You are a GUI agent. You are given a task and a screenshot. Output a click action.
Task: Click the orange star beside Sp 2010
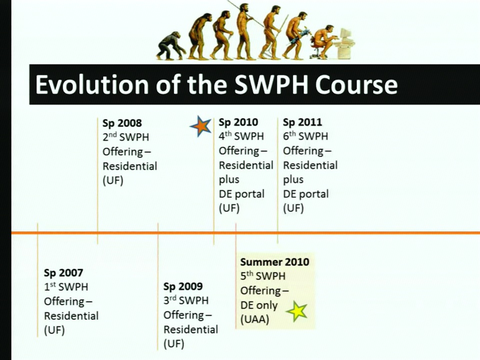pyautogui.click(x=201, y=126)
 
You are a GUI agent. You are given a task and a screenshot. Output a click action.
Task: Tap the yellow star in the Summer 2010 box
pyautogui.click(x=296, y=311)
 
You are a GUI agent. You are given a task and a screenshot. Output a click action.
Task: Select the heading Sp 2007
pyautogui.click(x=63, y=273)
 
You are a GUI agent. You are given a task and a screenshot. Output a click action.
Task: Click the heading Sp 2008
pyautogui.click(x=122, y=123)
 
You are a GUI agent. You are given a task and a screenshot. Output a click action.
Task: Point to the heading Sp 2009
pyautogui.click(x=183, y=286)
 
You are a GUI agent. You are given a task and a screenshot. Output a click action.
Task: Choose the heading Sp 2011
pyautogui.click(x=302, y=122)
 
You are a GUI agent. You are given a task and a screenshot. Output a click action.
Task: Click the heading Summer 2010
pyautogui.click(x=274, y=262)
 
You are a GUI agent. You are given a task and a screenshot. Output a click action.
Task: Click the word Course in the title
pyautogui.click(x=356, y=84)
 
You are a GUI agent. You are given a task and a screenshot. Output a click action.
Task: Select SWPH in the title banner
pyautogui.click(x=271, y=84)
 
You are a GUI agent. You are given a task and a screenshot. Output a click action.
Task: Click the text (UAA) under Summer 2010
pyautogui.click(x=254, y=319)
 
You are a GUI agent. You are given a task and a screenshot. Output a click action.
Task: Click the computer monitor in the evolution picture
pyautogui.click(x=345, y=34)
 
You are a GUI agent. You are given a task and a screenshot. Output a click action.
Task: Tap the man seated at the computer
pyautogui.click(x=324, y=41)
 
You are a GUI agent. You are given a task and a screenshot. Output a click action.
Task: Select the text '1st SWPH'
pyautogui.click(x=66, y=287)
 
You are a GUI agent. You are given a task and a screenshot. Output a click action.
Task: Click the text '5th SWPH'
pyautogui.click(x=262, y=276)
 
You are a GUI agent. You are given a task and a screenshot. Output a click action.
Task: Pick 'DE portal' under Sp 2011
pyautogui.click(x=305, y=194)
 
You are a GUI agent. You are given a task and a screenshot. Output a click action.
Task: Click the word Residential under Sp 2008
pyautogui.click(x=130, y=166)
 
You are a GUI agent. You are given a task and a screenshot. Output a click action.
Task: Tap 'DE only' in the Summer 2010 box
pyautogui.click(x=258, y=305)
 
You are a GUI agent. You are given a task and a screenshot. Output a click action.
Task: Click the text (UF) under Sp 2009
pyautogui.click(x=174, y=344)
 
